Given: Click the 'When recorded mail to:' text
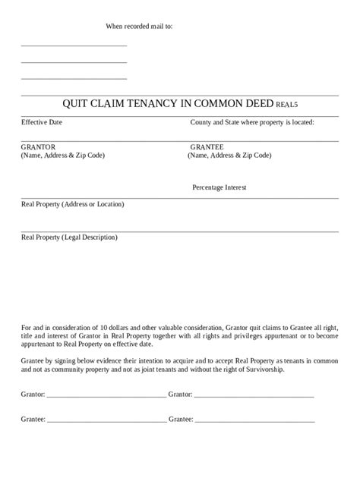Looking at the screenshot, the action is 139,26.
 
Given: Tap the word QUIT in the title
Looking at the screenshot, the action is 76,105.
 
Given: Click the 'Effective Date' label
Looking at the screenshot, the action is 42,122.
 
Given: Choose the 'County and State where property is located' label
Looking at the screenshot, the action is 252,122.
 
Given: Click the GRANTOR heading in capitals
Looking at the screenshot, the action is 38,146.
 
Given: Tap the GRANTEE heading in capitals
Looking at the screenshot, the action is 207,146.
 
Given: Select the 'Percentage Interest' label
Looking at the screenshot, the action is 219,187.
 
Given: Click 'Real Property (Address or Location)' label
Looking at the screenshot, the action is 72,204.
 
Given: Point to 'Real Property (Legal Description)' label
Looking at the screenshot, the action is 69,237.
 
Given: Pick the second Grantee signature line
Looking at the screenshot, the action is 254,419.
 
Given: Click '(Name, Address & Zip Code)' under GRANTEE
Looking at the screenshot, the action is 229,156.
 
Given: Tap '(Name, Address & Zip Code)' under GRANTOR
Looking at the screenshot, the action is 63,156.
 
